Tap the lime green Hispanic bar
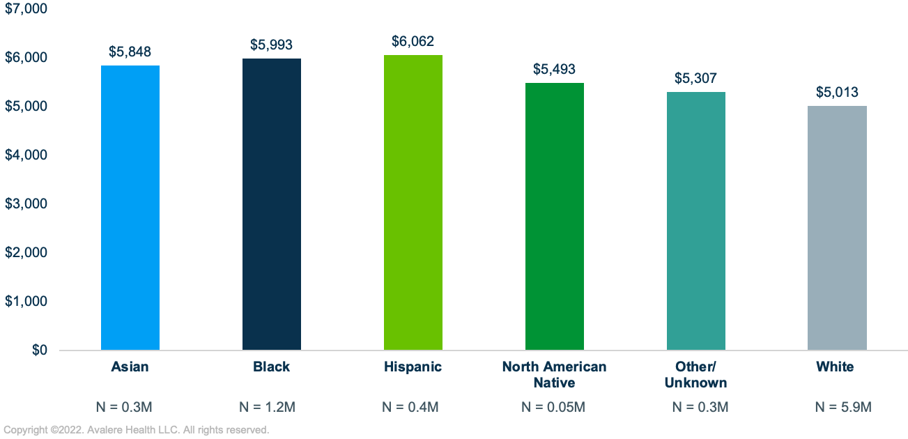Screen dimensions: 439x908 tap(413, 202)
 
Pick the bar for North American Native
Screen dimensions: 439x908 tap(555, 216)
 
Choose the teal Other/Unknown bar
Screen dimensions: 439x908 tap(695, 221)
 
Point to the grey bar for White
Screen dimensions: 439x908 tap(837, 228)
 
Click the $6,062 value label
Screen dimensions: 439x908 tap(413, 42)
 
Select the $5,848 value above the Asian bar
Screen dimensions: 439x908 tap(130, 52)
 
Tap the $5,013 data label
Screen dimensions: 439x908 tap(837, 93)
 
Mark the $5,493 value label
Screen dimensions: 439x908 tap(555, 70)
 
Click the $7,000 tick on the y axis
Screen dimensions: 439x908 tap(26, 9)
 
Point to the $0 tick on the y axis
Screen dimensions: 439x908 tap(40, 351)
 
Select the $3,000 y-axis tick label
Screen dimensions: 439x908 tap(26, 204)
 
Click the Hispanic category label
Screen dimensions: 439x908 tap(413, 367)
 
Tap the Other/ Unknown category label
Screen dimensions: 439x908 tap(695, 375)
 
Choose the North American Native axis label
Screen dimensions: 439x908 tap(555, 375)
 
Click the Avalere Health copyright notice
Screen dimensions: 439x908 tap(137, 431)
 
